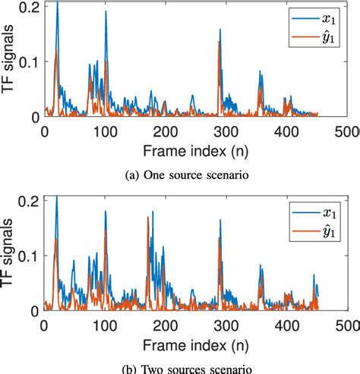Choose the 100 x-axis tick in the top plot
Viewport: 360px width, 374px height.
pyautogui.click(x=76, y=130)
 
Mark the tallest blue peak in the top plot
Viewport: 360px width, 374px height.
pyautogui.click(x=56, y=3)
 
